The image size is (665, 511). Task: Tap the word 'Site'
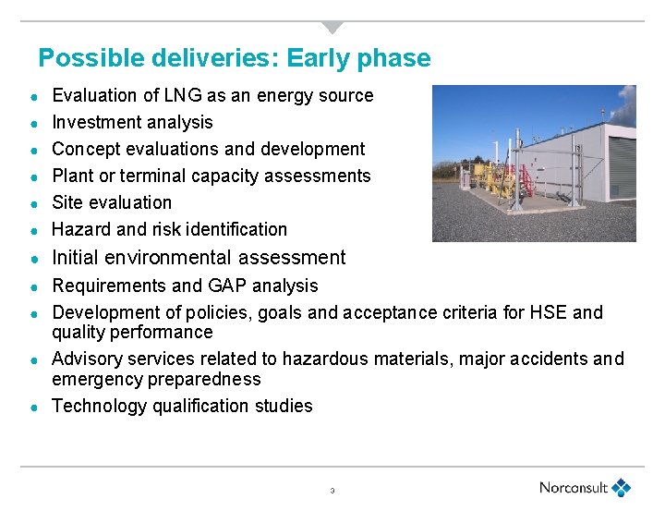coord(67,202)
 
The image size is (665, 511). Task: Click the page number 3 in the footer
coord(332,491)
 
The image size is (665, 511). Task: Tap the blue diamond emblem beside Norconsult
coord(623,487)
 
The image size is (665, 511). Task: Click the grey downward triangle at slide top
coord(332,27)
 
